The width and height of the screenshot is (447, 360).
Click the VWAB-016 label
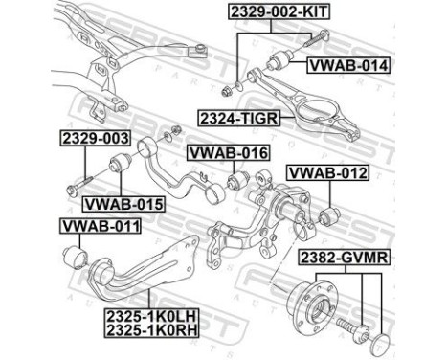point(226,153)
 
